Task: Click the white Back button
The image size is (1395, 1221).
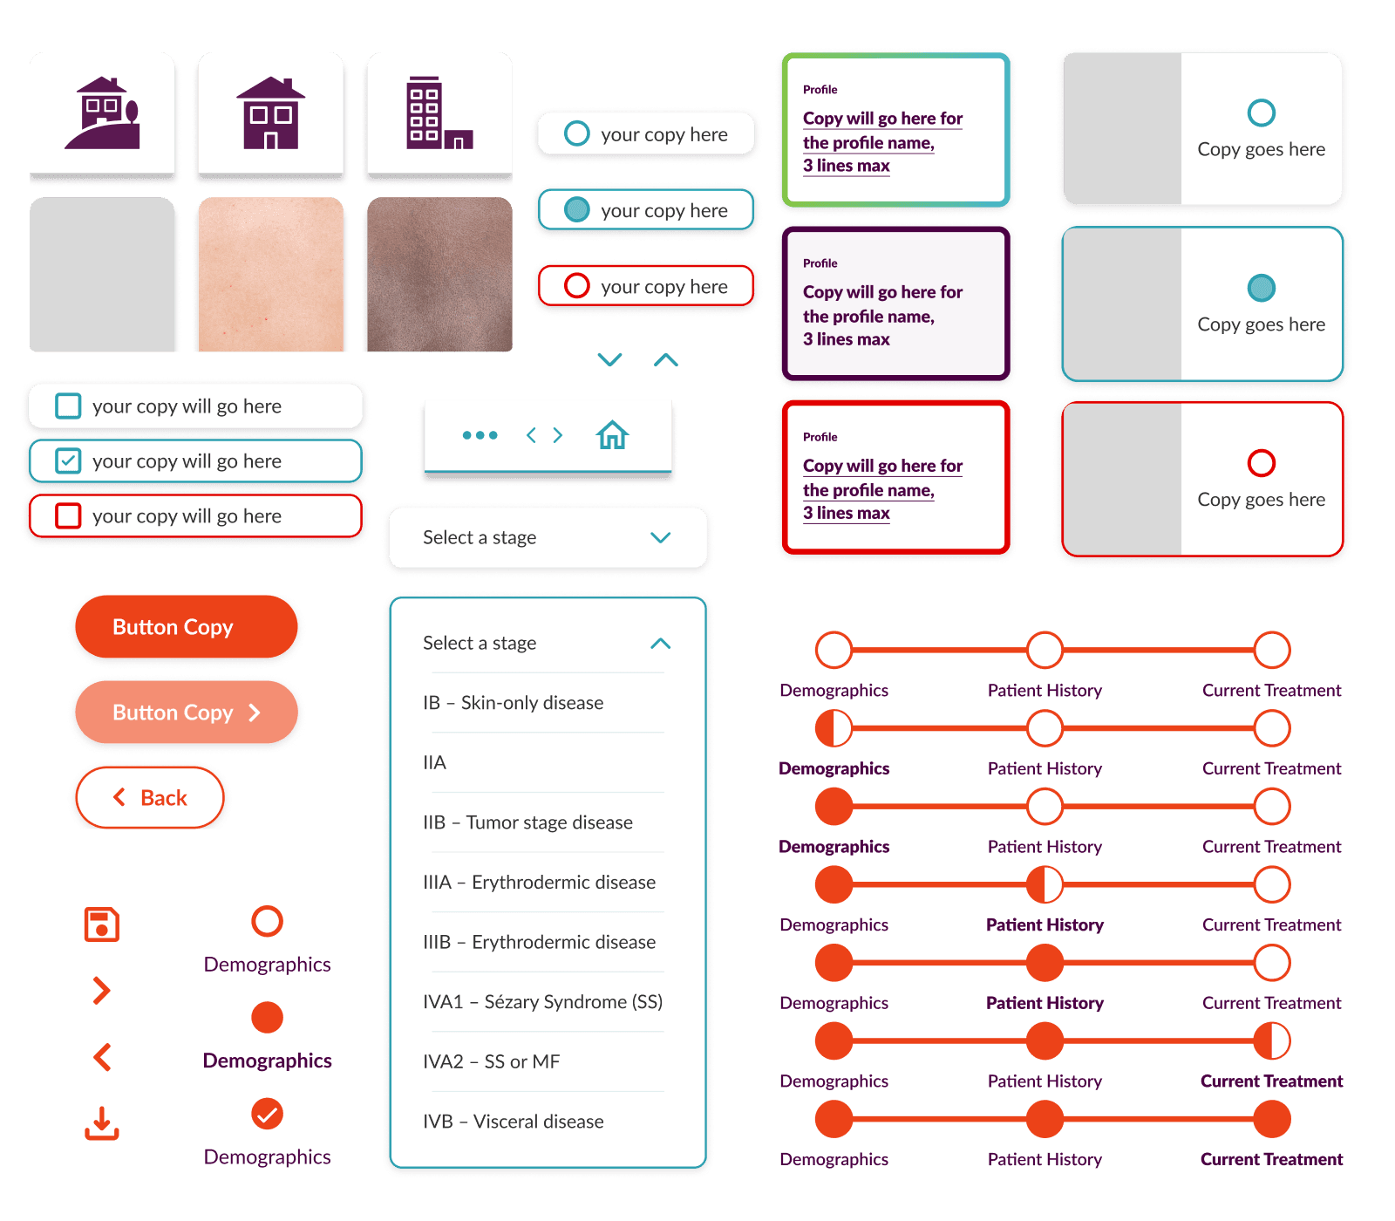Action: [x=150, y=797]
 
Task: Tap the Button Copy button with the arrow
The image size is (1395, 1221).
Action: [x=187, y=713]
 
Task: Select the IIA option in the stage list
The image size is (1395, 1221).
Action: [x=434, y=762]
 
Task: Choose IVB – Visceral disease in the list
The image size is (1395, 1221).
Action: [x=513, y=1122]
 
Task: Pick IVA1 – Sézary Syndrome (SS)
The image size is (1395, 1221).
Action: [x=542, y=1001]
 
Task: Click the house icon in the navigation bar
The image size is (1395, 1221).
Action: [x=612, y=434]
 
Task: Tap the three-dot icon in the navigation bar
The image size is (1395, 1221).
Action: [x=480, y=435]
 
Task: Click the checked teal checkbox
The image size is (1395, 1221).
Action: [x=68, y=460]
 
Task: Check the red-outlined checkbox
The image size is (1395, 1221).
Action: [x=68, y=515]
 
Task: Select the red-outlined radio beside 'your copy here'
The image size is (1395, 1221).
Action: [x=576, y=286]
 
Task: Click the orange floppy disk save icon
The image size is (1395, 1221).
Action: [x=102, y=924]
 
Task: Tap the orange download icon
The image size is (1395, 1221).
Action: [x=102, y=1123]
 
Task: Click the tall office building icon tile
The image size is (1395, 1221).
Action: [x=439, y=113]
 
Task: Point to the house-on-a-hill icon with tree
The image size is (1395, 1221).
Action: [x=102, y=113]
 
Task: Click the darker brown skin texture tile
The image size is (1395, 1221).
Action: [x=439, y=275]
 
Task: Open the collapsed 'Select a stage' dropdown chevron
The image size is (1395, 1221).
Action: [x=660, y=537]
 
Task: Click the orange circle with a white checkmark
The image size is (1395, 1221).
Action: [x=267, y=1114]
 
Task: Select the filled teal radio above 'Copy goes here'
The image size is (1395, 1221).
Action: [x=1261, y=288]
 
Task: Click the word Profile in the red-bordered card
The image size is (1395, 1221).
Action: [x=820, y=437]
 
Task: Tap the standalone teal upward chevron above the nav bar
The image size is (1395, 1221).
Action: [x=666, y=359]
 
